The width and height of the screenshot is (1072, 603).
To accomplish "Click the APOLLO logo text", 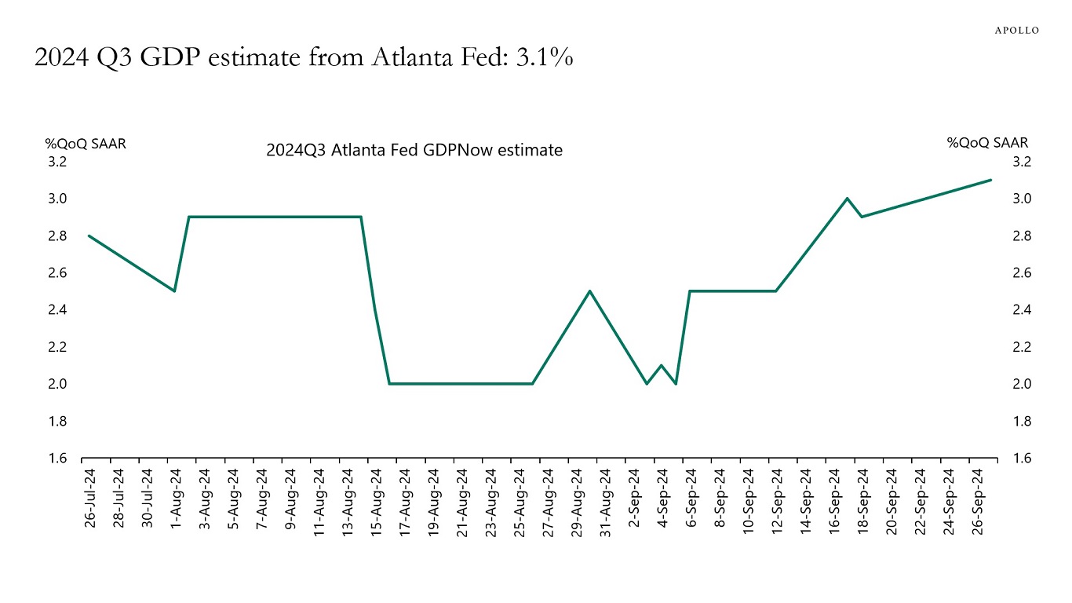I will (1017, 30).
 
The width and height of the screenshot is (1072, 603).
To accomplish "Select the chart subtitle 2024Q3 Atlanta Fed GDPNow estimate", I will (414, 150).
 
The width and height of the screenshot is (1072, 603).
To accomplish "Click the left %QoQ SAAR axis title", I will (86, 144).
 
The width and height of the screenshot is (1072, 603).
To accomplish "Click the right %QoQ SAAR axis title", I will (987, 143).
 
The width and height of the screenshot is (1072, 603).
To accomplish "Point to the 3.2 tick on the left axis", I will (57, 163).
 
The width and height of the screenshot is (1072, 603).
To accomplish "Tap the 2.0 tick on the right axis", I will (1021, 384).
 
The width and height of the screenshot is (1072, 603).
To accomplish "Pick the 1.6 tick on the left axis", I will (57, 459).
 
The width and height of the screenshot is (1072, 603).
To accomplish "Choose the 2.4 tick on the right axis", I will (1021, 310).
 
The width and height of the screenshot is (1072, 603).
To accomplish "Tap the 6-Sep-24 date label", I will (691, 500).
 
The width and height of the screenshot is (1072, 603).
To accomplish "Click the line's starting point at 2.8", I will (89, 236).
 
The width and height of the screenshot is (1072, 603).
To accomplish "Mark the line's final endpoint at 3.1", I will (990, 180).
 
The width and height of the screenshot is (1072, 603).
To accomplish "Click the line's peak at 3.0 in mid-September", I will (847, 198).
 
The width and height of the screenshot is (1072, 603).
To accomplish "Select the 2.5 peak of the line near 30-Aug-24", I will (589, 291).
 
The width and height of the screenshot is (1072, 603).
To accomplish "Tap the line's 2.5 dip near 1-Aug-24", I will (174, 291).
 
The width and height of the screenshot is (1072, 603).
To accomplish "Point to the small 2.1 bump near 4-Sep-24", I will (662, 365).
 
